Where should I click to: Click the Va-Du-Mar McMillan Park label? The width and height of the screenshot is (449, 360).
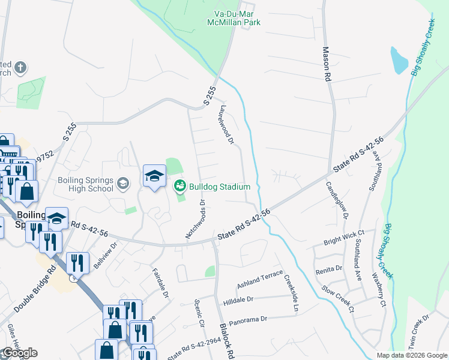pos(241,18)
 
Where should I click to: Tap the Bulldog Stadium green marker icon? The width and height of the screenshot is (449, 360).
pos(179,187)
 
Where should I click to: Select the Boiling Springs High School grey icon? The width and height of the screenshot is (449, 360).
pos(123,183)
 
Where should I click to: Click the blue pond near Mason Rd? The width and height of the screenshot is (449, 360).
pos(399,60)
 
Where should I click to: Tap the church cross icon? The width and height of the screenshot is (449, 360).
pos(20,67)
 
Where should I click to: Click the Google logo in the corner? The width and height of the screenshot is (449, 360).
pos(19,353)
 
